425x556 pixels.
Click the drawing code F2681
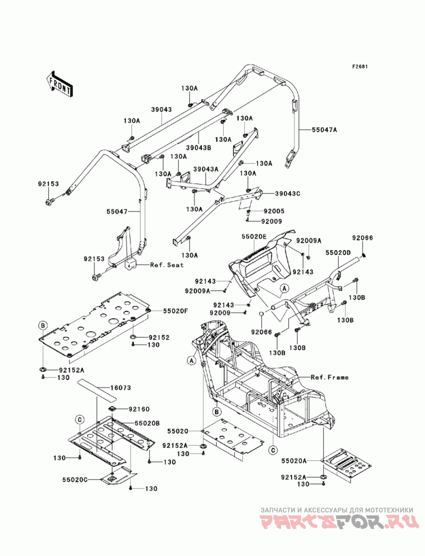click(360, 66)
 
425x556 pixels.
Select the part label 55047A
click(324, 130)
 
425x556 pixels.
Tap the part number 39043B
click(199, 147)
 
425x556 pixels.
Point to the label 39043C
click(287, 194)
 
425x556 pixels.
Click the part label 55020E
click(254, 236)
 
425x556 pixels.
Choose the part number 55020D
click(338, 252)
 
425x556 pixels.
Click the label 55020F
click(175, 311)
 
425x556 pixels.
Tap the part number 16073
click(121, 388)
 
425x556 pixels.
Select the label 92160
click(139, 409)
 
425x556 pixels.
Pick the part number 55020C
click(74, 480)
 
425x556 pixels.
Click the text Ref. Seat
click(167, 264)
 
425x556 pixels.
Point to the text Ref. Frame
click(329, 377)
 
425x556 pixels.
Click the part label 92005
click(274, 211)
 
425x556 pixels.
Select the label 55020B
click(147, 423)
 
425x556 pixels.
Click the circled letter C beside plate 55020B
click(80, 420)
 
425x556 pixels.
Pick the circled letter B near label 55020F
click(42, 325)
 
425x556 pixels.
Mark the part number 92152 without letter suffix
click(159, 337)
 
